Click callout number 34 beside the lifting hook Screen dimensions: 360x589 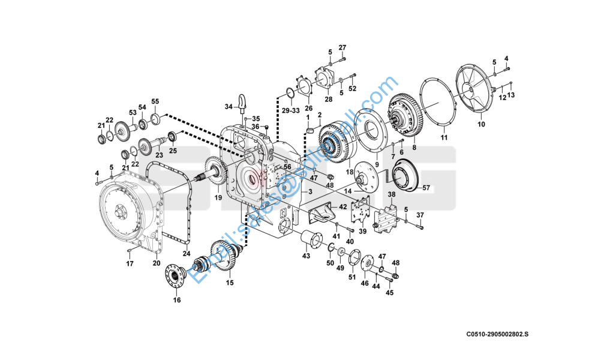[x=229, y=107]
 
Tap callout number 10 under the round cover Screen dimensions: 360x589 [x=480, y=125]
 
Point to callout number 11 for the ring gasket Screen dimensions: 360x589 [x=444, y=137]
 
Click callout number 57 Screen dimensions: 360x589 [x=426, y=188]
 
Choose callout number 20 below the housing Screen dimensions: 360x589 [x=157, y=262]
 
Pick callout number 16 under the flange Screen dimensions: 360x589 [x=177, y=300]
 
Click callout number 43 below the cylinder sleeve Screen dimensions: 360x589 [x=306, y=256]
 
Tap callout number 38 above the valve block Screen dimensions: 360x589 [x=391, y=195]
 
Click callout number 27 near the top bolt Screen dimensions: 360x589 [x=342, y=47]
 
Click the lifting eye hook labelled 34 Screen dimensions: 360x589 [x=243, y=102]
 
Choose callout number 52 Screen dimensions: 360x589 [x=353, y=88]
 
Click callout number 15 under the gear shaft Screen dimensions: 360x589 [x=230, y=283]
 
